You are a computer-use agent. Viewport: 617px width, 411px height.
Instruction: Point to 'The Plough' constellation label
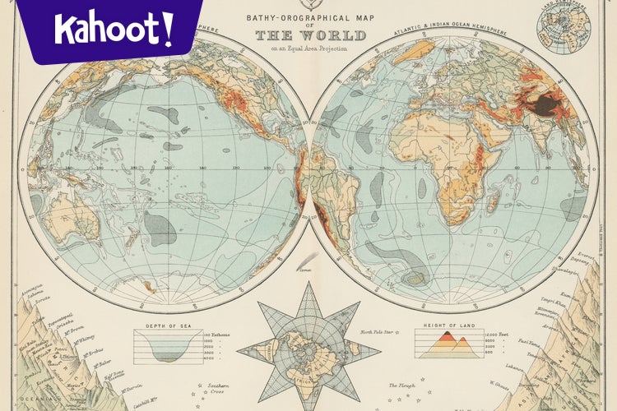402,385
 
